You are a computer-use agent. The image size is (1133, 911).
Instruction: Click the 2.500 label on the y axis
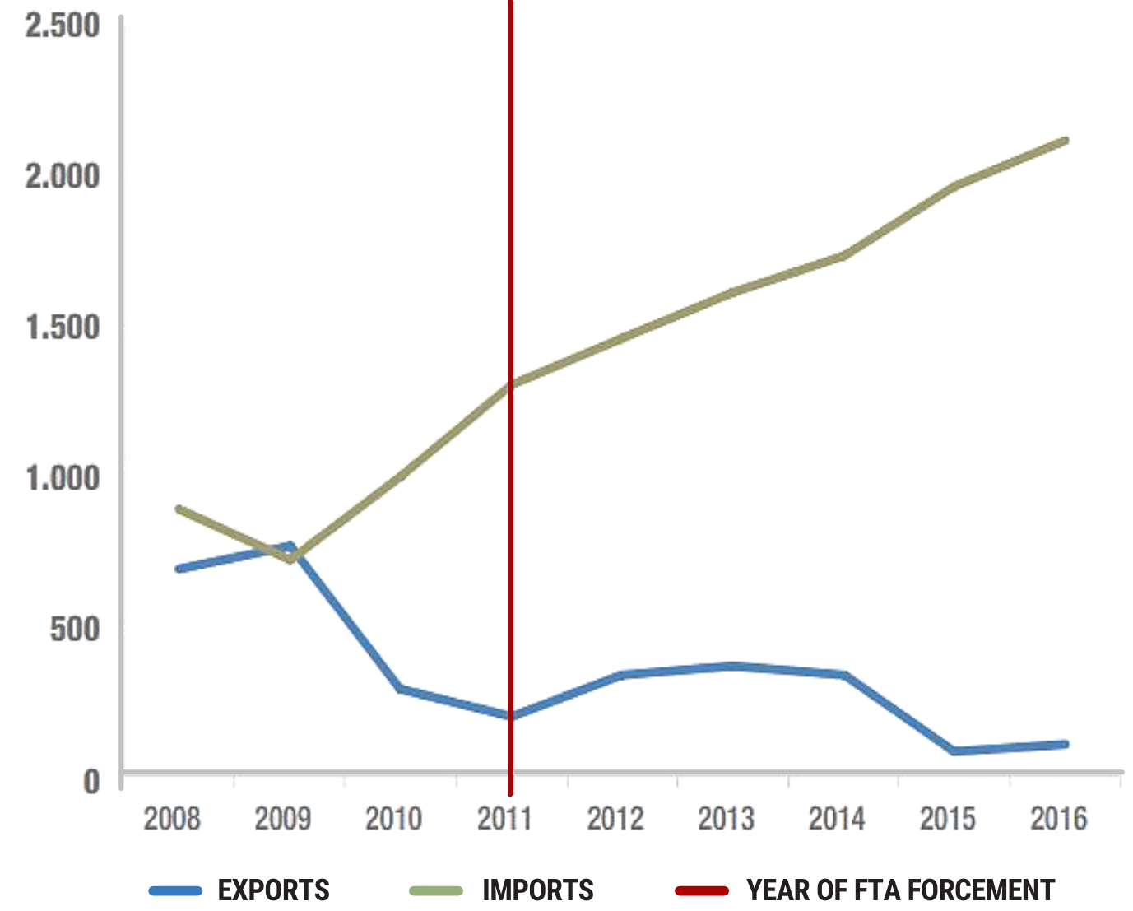(63, 26)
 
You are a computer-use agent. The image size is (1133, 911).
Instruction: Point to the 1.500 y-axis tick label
(63, 328)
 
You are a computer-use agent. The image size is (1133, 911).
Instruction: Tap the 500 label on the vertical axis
(75, 630)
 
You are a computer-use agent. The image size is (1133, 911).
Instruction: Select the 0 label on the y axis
(91, 781)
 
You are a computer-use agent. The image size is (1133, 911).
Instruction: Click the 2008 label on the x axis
(172, 819)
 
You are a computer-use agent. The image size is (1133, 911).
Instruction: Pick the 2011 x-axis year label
(504, 819)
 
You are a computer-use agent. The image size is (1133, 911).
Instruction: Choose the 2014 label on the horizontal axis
(837, 819)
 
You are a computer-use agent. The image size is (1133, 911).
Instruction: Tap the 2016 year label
(1059, 819)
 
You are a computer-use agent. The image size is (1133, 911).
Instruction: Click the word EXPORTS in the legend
(273, 890)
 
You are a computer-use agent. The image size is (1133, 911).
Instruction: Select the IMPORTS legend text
(538, 890)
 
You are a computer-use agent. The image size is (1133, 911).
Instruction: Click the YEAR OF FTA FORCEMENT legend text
(900, 890)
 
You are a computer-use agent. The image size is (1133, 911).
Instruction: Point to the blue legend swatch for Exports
(175, 890)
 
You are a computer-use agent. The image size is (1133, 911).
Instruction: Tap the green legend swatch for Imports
(436, 890)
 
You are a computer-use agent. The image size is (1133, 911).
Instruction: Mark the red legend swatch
(701, 890)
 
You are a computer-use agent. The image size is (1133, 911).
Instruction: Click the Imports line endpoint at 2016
(1065, 141)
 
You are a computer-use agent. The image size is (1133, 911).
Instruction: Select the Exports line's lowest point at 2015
(954, 751)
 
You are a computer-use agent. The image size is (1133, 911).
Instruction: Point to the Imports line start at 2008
(179, 509)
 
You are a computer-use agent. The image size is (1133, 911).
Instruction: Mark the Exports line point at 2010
(401, 689)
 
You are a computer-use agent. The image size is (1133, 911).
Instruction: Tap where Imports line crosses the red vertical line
(510, 383)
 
